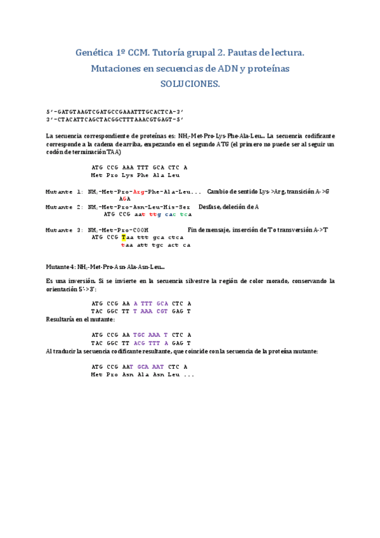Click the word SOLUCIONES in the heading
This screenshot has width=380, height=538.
190,84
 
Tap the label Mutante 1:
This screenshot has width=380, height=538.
65,192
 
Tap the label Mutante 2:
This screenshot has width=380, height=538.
65,207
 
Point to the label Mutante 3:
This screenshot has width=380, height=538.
65,230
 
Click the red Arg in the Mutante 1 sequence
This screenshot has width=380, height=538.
140,192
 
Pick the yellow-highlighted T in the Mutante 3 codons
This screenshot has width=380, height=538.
124,237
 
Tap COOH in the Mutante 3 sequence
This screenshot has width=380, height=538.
140,230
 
